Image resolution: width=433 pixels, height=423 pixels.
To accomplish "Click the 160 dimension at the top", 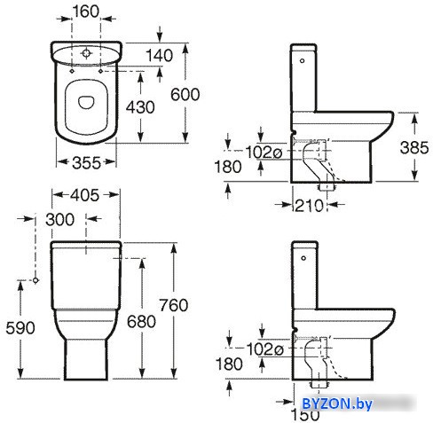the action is pyautogui.click(x=86, y=12).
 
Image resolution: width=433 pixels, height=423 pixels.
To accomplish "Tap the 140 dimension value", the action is pyautogui.click(x=160, y=55).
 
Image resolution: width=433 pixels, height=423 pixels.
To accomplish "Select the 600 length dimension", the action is pyautogui.click(x=185, y=95).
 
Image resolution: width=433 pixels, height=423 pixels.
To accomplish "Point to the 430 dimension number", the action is pyautogui.click(x=140, y=107).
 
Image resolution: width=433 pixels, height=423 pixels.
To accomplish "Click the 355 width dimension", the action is pyautogui.click(x=86, y=162).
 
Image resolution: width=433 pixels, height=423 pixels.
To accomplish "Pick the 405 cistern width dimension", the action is pyautogui.click(x=85, y=195).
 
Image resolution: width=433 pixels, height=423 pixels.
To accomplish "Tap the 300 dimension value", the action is pyautogui.click(x=59, y=220).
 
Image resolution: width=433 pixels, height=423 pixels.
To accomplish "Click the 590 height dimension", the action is pyautogui.click(x=20, y=328).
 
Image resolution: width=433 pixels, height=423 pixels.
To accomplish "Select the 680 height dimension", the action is pyautogui.click(x=141, y=321).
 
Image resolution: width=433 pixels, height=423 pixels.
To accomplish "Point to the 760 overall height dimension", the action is pyautogui.click(x=174, y=305).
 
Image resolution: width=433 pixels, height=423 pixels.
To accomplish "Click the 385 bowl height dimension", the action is pyautogui.click(x=414, y=147).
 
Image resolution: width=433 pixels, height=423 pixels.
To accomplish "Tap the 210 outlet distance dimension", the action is pyautogui.click(x=309, y=206).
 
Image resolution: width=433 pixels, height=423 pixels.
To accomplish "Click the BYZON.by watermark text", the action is pyautogui.click(x=337, y=403).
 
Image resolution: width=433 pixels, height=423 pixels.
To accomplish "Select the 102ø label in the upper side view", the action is pyautogui.click(x=264, y=153).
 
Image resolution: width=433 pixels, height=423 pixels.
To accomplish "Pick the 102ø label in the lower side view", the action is pyautogui.click(x=264, y=349).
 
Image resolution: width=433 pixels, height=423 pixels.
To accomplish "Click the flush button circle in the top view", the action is pyautogui.click(x=86, y=53).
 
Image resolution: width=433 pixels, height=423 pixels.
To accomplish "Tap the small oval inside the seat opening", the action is pyautogui.click(x=86, y=102).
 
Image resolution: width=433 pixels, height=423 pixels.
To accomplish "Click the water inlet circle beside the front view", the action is pyautogui.click(x=35, y=280).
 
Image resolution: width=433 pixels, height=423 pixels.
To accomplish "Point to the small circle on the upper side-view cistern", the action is pyautogui.click(x=302, y=61).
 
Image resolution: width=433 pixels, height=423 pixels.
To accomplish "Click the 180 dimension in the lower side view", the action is pyautogui.click(x=229, y=364).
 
